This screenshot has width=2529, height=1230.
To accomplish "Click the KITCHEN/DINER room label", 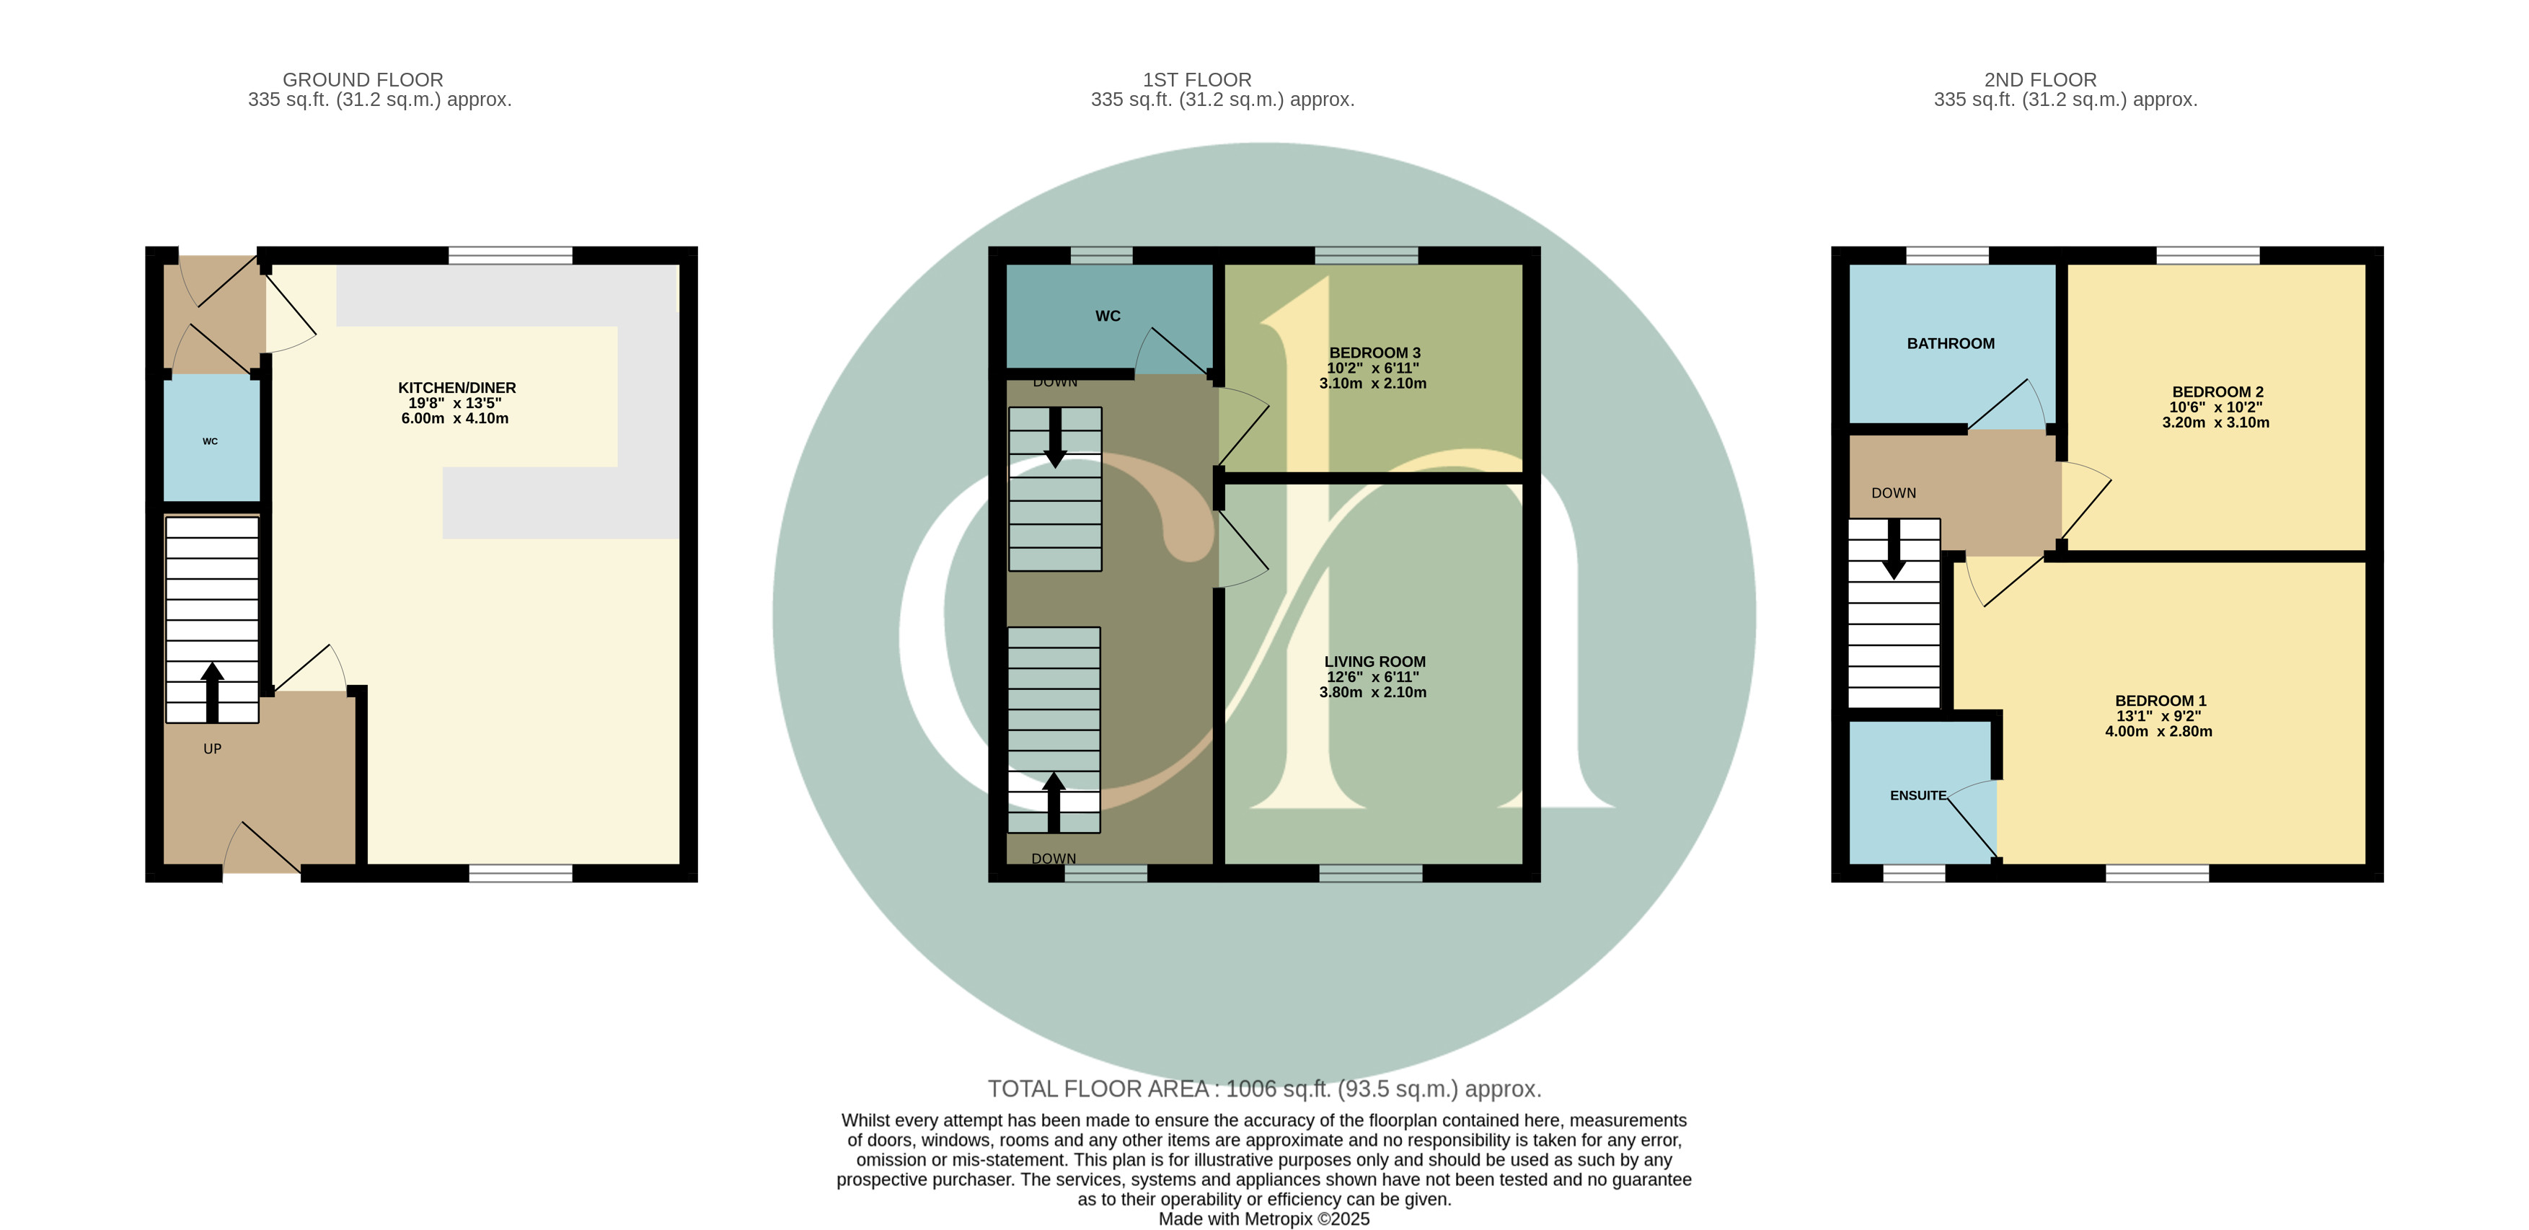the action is tap(456, 388).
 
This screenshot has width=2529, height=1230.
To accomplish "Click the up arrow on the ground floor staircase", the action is tap(212, 692).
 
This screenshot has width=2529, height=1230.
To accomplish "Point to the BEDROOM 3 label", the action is tap(1374, 353).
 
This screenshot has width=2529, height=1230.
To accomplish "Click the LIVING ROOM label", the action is tap(1374, 662).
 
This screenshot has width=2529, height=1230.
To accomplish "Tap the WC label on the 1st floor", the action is tap(1108, 316).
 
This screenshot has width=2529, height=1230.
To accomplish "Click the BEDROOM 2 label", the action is tap(2217, 391).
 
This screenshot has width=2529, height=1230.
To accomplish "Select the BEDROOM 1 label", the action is tap(2160, 701).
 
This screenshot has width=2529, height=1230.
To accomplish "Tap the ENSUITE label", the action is tap(1918, 796).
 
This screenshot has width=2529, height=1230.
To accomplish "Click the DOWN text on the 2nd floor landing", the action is tap(1894, 492).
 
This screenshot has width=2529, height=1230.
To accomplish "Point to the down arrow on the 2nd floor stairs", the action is tap(1894, 549).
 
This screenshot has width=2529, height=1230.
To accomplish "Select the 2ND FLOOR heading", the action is tap(2040, 79).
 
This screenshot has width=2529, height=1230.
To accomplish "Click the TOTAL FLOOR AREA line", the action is tap(1265, 1089).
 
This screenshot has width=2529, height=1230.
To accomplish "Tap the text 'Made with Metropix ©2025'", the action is tap(1263, 1219).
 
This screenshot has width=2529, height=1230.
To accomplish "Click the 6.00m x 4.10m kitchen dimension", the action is tap(454, 418).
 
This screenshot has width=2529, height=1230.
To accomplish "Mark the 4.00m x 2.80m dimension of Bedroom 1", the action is tap(2159, 731).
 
